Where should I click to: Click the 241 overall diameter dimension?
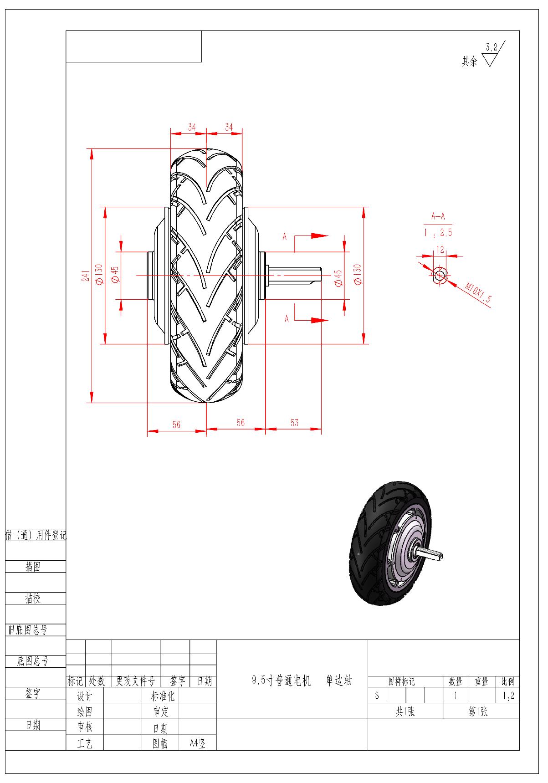[85, 276]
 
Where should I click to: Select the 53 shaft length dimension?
[294, 422]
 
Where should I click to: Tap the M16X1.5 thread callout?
[478, 293]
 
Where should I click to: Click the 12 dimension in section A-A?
[440, 249]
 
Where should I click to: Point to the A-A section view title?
[438, 216]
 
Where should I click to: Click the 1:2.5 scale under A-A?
[438, 232]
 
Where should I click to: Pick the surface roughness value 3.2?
[492, 47]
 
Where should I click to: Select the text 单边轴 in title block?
[339, 681]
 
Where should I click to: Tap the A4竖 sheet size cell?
[198, 743]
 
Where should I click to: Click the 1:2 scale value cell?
[507, 696]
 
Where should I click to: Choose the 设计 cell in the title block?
[85, 696]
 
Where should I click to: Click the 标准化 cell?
[163, 696]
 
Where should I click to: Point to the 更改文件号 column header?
[136, 681]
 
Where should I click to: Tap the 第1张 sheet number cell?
[478, 711]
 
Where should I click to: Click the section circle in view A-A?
[440, 275]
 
